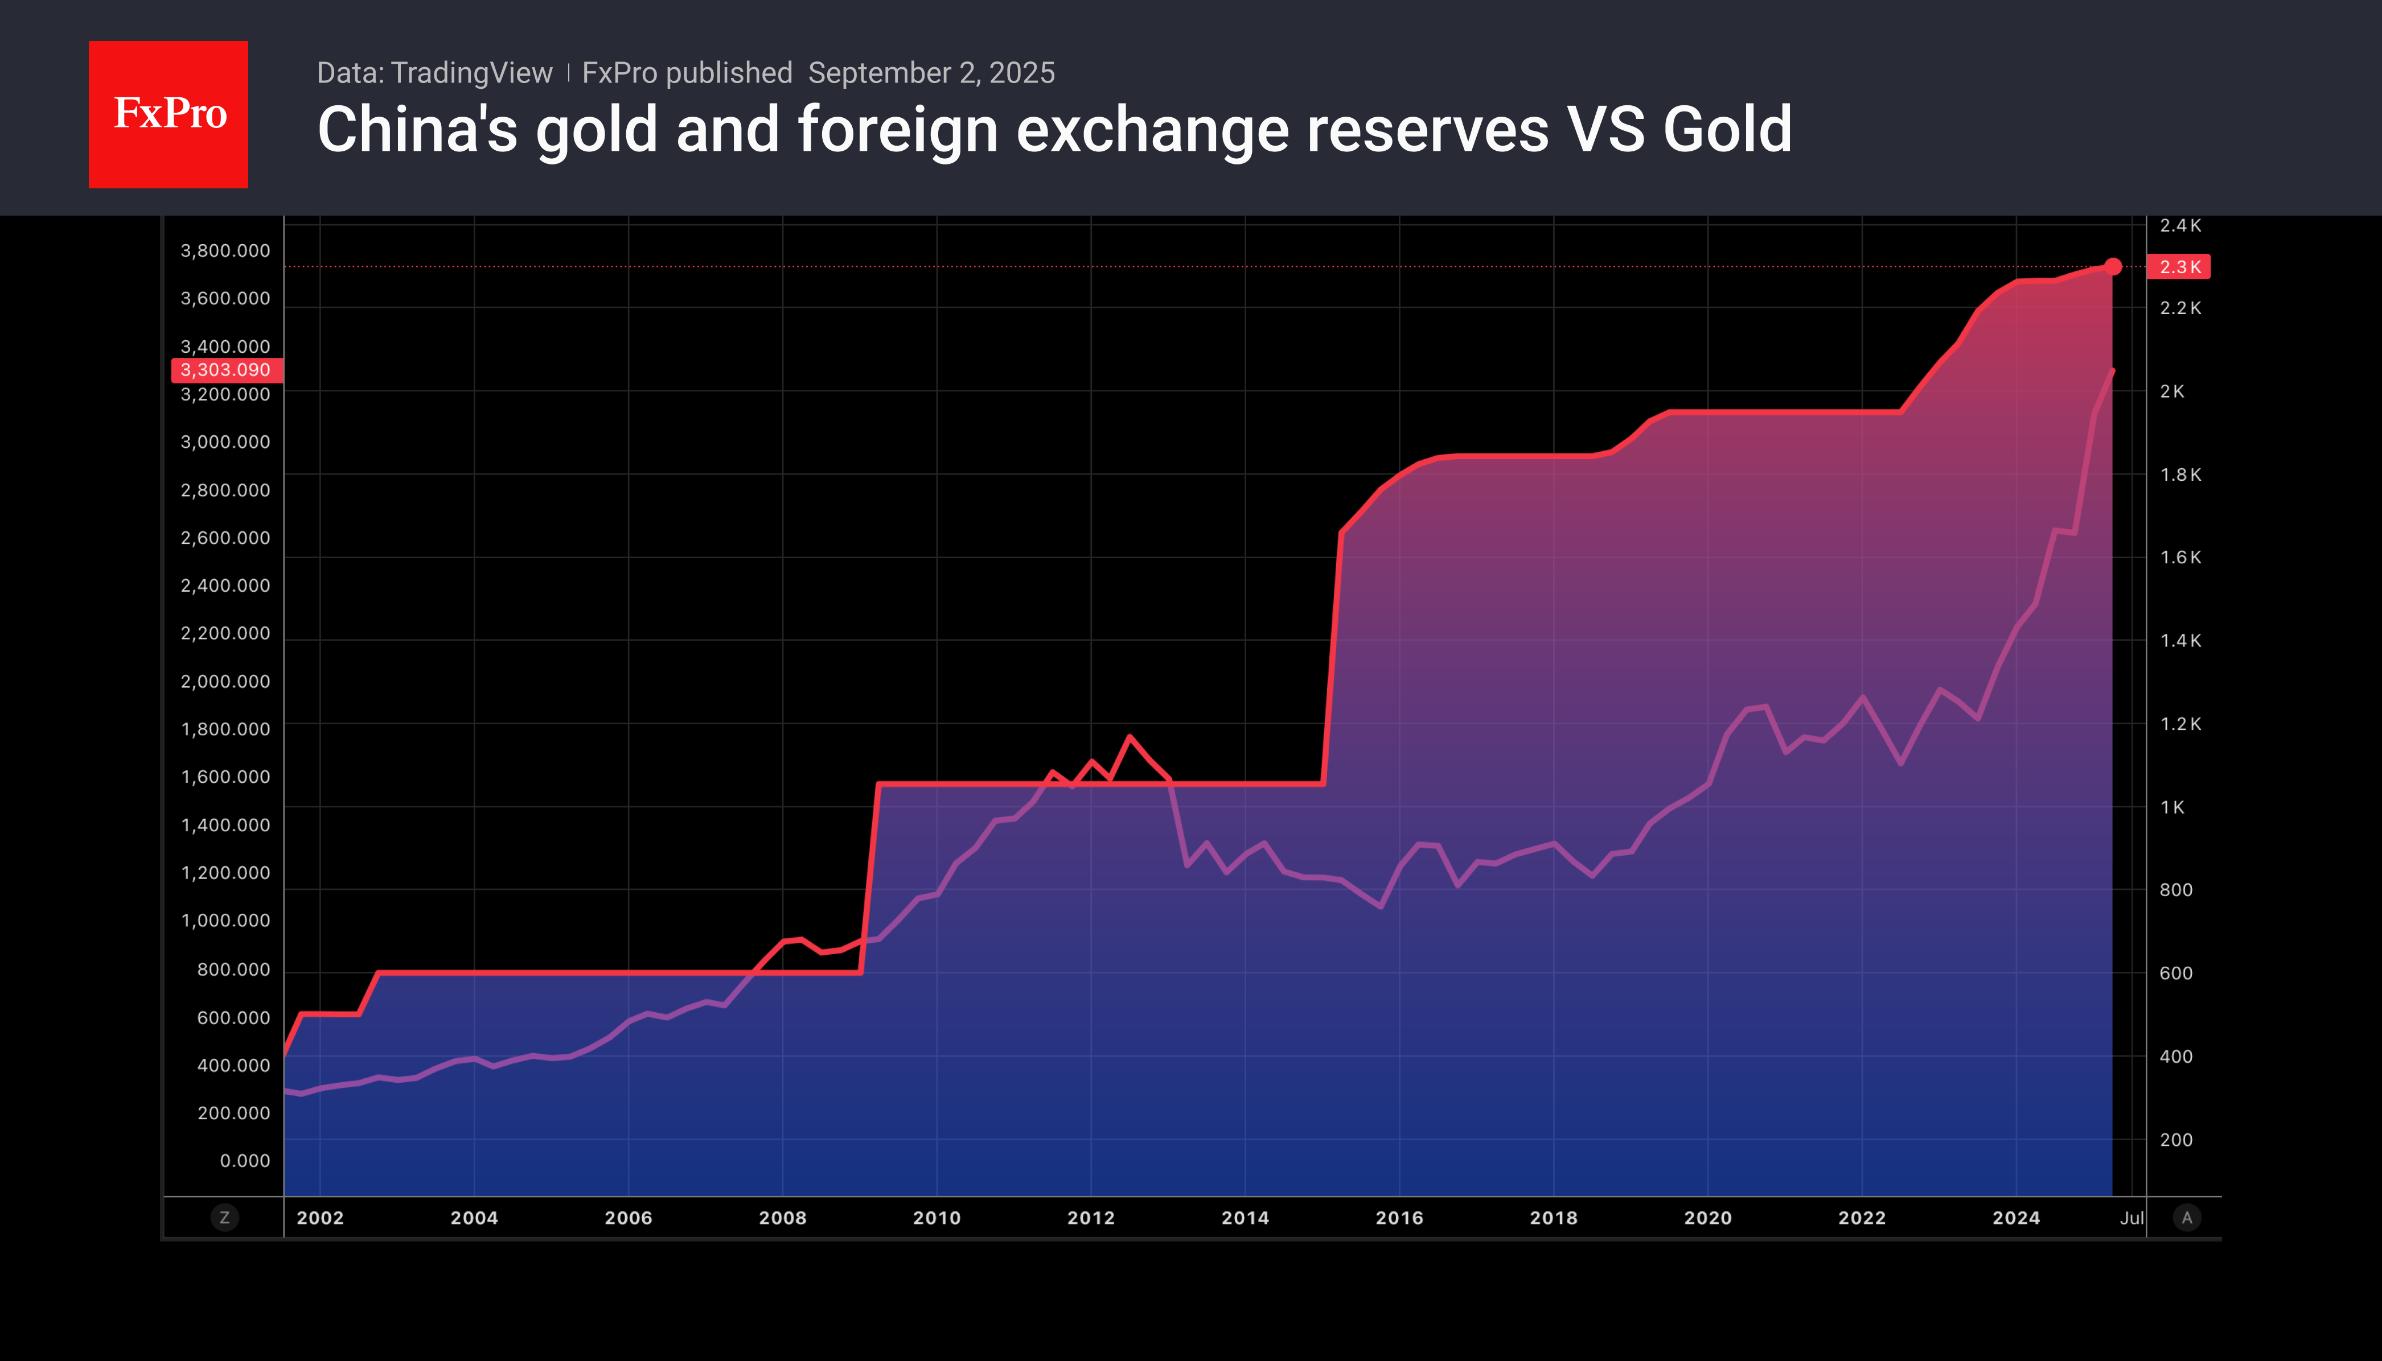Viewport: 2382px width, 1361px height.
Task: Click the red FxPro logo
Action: (169, 114)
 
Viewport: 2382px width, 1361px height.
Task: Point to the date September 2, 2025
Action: (931, 73)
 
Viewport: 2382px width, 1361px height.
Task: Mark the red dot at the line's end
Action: (2113, 266)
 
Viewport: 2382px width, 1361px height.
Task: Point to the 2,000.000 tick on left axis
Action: (225, 682)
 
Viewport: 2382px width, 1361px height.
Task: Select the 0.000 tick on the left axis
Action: (245, 1161)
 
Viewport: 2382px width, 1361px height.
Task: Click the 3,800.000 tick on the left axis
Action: (225, 250)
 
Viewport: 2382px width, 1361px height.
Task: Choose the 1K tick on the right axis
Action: (2171, 807)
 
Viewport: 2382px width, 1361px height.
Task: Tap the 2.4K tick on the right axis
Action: (2180, 225)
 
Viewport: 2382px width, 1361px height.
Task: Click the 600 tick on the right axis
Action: (2175, 973)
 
